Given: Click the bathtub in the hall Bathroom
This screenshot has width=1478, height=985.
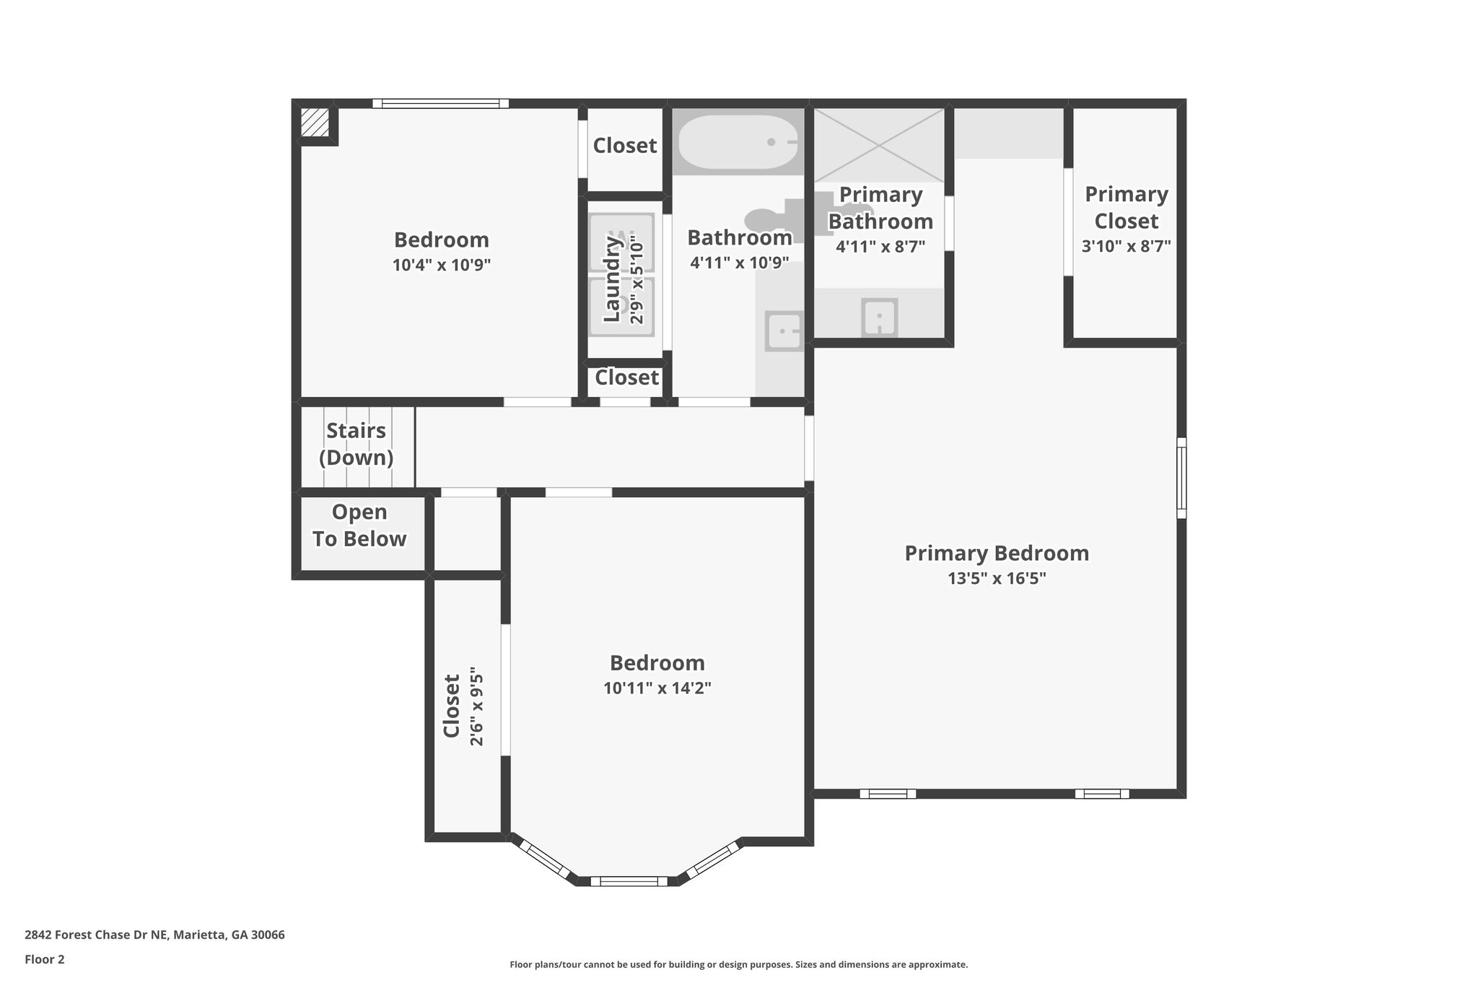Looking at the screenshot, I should (x=738, y=142).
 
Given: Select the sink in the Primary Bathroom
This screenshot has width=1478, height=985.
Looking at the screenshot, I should (x=879, y=317).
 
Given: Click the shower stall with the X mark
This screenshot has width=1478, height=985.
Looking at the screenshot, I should (x=878, y=145).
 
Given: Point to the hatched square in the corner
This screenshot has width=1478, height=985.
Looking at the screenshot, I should (x=315, y=122).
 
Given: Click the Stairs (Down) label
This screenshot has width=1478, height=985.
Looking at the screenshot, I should (x=357, y=444).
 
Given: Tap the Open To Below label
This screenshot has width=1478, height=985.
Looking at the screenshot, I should (x=359, y=525).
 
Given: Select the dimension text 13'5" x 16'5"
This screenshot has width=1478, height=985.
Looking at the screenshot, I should (x=997, y=578).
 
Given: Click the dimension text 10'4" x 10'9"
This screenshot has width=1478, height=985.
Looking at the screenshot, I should (x=441, y=265).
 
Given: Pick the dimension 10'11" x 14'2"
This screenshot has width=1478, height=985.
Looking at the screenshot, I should (x=657, y=688).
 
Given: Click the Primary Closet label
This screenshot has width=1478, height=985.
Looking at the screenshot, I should (x=1126, y=207).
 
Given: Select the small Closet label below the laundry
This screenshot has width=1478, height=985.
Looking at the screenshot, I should (x=626, y=377).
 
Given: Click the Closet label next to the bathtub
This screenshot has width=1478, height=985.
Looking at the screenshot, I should (x=624, y=146).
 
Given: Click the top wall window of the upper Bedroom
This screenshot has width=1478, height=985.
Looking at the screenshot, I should (x=440, y=104).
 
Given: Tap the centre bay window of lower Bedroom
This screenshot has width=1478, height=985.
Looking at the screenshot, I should (x=628, y=881).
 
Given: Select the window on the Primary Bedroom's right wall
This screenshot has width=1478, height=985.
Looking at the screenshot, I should (x=1181, y=478).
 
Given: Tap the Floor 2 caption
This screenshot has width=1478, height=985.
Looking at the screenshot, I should (x=45, y=959).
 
